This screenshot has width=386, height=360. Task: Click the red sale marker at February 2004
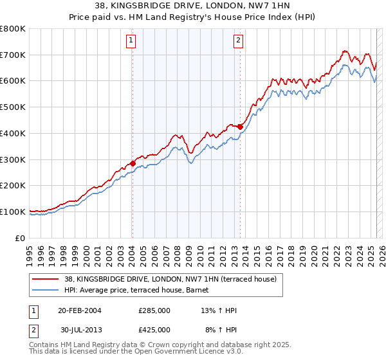point(133,163)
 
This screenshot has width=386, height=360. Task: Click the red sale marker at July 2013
point(240,127)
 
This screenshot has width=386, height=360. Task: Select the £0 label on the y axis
point(21,238)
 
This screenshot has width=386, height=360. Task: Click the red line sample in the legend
point(45,279)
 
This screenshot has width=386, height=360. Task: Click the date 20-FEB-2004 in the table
point(80,311)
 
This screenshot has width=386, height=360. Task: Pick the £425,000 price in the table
point(154,330)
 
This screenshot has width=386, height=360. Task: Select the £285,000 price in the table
point(154,311)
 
